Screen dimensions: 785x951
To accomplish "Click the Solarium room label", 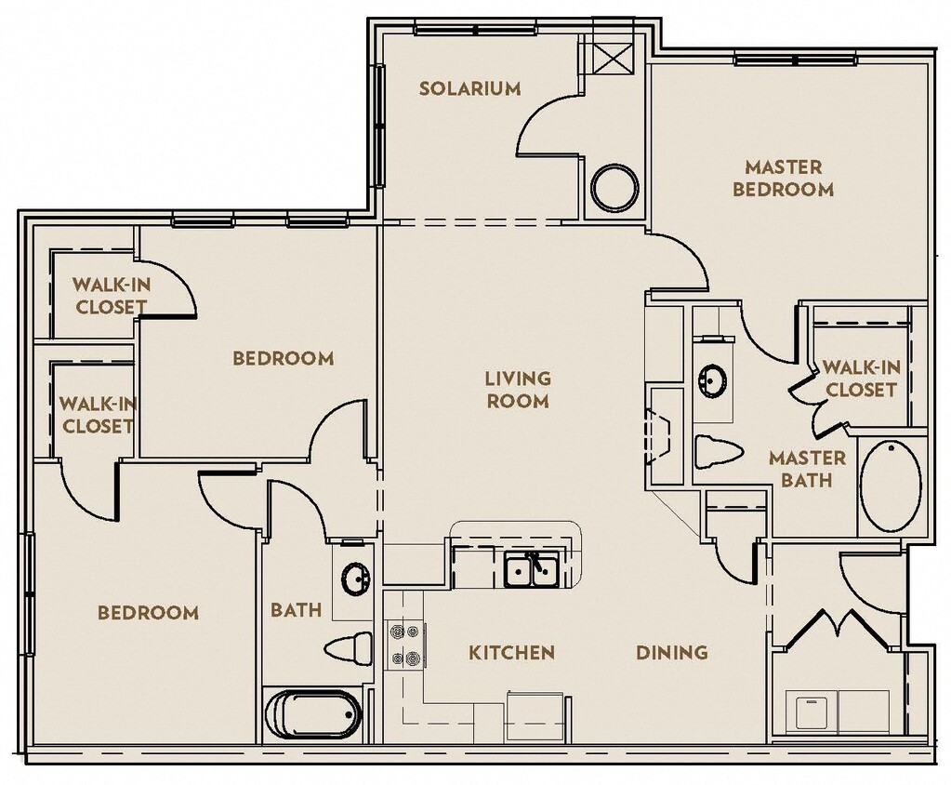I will pos(469,89).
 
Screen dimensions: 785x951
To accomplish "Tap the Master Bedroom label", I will pos(783,179).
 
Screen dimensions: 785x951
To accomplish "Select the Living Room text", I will pos(517,390).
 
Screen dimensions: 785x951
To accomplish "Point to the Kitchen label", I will pos(511,653).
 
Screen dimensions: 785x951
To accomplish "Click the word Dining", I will pos(671,653).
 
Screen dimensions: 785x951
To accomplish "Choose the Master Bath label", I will pos(806,469).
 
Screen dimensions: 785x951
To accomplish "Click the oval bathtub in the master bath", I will pos(890,486).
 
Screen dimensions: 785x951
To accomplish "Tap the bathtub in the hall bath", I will pos(312,714).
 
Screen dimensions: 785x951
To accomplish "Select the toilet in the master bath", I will pos(718,452).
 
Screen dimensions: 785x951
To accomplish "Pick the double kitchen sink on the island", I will pos(531,569).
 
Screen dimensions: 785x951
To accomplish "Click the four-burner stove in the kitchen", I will pos(404,644).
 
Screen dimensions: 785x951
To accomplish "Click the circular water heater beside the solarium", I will pos(614,188).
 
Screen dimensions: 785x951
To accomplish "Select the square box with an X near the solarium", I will pos(613,58).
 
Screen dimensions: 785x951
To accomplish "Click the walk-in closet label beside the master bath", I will pos(860,379).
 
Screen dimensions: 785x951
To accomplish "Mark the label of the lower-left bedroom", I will pos(148,613).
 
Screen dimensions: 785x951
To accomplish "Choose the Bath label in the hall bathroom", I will pos(296,611).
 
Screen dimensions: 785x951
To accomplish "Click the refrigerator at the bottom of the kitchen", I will pos(535,716).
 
